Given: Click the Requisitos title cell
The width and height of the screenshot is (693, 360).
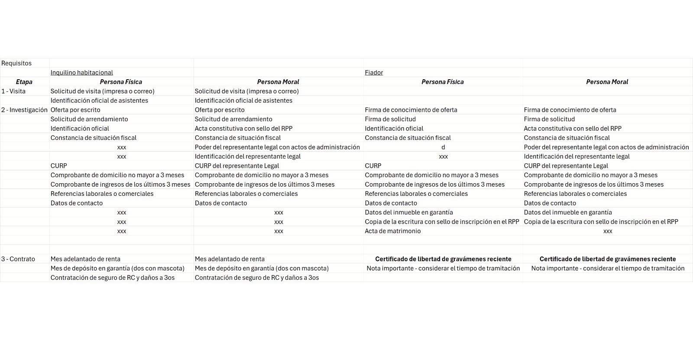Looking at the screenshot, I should [x=16, y=63].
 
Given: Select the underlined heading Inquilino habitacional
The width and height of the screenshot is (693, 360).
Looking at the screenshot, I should [x=81, y=73].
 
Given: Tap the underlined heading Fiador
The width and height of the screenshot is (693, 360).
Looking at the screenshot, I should [x=374, y=73].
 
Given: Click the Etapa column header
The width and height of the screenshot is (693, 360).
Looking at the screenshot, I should [x=24, y=82].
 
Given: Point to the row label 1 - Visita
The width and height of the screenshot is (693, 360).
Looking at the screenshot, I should [x=13, y=91].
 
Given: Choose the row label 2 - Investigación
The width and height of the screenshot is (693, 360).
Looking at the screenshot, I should [x=24, y=110].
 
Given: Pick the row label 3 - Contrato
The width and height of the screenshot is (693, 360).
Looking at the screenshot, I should [x=18, y=259].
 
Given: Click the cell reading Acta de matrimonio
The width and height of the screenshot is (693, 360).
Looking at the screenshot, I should [x=392, y=231].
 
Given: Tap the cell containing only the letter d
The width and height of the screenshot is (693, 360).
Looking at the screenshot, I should [x=443, y=147].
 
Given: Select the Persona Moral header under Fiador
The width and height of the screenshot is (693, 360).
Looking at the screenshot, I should [x=607, y=82].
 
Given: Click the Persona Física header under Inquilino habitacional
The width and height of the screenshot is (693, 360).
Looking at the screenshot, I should [x=121, y=82].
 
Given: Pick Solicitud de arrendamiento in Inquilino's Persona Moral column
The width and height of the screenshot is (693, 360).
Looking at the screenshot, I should [x=233, y=119].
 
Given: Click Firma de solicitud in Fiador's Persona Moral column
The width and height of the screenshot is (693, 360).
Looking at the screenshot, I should [x=549, y=119].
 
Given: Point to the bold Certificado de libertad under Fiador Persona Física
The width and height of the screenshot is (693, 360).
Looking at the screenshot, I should [x=443, y=259].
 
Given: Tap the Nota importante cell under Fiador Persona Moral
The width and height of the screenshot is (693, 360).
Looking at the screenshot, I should [x=608, y=269].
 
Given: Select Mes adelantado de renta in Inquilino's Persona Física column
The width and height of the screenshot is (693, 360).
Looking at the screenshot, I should [x=85, y=259].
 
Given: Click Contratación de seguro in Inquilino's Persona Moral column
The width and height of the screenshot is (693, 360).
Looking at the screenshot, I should [x=256, y=278].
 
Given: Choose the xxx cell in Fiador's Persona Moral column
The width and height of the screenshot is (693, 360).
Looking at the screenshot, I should [x=608, y=231].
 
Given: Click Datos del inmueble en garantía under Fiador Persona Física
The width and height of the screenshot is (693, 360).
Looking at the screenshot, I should [x=408, y=213].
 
